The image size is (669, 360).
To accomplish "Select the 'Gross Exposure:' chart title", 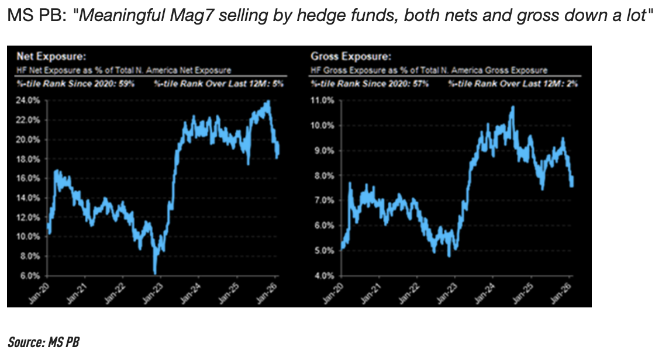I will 350,57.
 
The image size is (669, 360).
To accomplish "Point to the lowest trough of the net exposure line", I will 154,272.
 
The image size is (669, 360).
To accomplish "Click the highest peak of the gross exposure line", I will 512,107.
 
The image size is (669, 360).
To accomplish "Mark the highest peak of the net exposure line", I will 268,102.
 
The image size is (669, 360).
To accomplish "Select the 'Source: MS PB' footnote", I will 43,342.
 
